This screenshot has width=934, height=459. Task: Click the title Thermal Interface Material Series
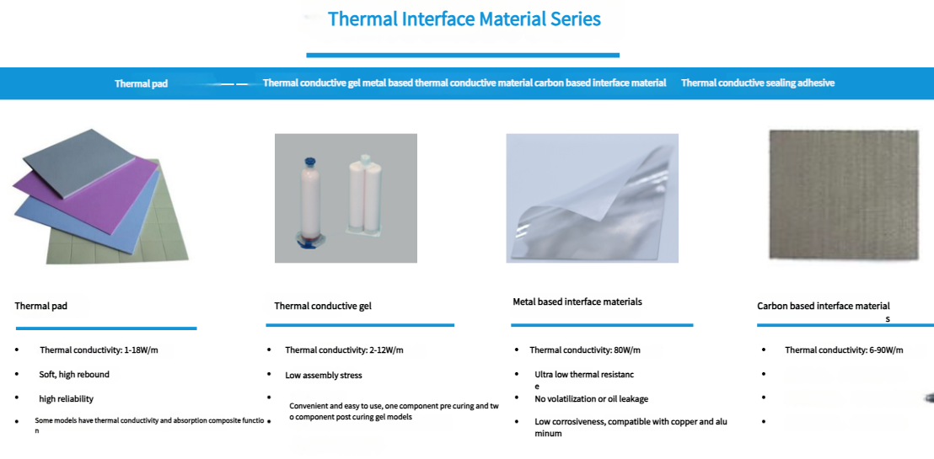(x=464, y=19)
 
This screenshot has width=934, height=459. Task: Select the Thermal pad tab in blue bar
(x=141, y=84)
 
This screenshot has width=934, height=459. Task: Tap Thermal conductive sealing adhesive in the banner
(x=758, y=83)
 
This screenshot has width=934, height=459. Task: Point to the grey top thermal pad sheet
(x=78, y=161)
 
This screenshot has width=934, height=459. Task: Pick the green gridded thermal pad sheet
(x=119, y=238)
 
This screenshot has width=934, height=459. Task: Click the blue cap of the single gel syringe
(x=309, y=162)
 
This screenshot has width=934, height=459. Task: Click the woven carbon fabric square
(x=844, y=195)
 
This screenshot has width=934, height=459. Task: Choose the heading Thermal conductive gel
(x=323, y=306)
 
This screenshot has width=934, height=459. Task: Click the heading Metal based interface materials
(x=577, y=302)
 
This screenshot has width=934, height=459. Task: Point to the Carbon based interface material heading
(x=824, y=306)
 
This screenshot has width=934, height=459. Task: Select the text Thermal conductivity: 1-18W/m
(x=99, y=350)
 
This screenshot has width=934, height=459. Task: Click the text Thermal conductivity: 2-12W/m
(x=344, y=350)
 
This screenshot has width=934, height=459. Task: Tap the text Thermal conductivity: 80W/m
(x=585, y=350)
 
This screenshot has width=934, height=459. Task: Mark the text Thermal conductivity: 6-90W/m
(x=844, y=350)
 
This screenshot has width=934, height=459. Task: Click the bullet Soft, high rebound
(x=74, y=375)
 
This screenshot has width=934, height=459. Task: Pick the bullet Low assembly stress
(x=324, y=375)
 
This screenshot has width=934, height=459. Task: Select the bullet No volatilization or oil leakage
(x=592, y=399)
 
